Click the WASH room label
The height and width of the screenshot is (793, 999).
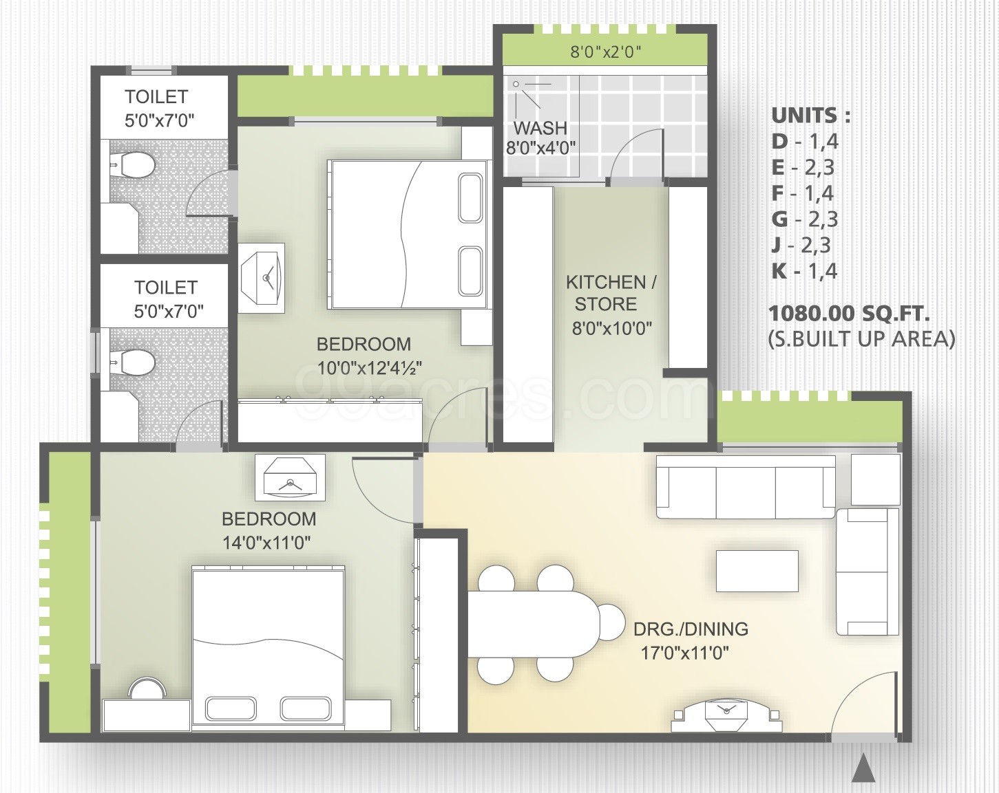tap(540, 127)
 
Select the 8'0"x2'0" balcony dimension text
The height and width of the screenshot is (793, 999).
tap(605, 52)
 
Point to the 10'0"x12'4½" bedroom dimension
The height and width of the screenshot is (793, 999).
tap(370, 368)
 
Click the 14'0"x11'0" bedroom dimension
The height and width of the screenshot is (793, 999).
tap(266, 542)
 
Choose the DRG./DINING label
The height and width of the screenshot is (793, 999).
tap(691, 629)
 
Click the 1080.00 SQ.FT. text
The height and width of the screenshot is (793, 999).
tap(849, 314)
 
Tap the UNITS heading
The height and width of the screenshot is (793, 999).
tap(810, 116)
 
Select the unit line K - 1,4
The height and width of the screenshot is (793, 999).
tap(804, 271)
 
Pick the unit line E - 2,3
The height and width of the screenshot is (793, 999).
tap(803, 167)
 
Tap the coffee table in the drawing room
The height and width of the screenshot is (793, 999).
tap(757, 571)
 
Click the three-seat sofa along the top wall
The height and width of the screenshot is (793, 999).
tap(746, 487)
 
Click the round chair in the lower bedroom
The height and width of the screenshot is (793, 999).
tap(147, 688)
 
